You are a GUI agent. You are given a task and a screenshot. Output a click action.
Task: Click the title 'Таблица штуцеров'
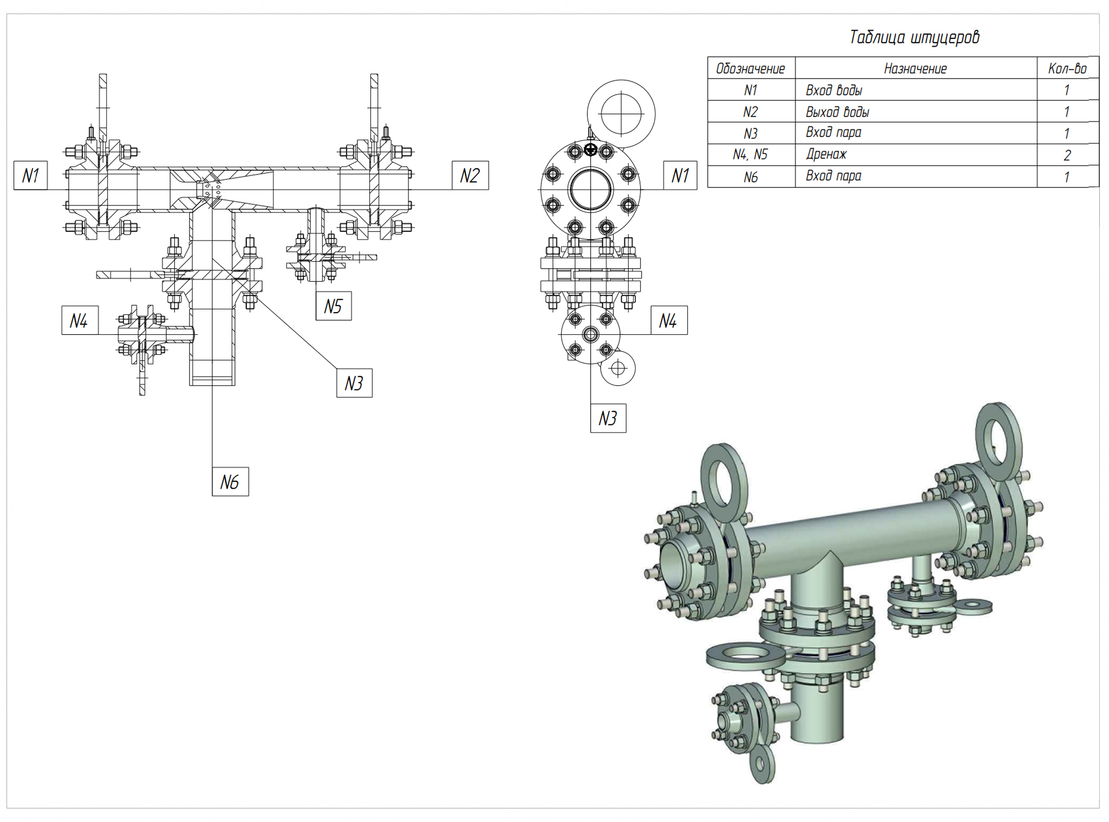914,37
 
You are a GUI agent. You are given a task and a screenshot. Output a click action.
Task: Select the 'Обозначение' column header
750,69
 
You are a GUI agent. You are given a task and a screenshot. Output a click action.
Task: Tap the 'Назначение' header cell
915,69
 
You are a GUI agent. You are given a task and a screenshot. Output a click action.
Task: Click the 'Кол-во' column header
1067,69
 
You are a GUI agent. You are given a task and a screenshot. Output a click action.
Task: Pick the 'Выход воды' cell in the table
837,112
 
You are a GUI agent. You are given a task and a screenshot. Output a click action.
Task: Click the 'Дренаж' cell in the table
826,154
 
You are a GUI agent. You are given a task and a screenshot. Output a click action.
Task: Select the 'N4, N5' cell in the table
750,154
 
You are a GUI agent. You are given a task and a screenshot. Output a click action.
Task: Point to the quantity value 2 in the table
1067,156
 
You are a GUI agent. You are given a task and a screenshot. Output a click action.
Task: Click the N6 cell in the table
750,177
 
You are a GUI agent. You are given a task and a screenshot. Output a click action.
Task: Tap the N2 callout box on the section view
470,176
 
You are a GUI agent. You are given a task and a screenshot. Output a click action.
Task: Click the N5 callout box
333,306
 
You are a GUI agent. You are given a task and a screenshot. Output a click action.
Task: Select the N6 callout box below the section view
230,482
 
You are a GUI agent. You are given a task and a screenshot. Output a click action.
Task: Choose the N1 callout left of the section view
31,176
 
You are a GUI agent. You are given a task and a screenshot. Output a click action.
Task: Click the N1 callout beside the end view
680,176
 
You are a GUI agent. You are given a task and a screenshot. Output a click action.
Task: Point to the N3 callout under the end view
608,418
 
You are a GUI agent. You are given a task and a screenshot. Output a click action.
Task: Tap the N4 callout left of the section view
79,321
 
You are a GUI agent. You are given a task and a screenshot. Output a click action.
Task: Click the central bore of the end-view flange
590,190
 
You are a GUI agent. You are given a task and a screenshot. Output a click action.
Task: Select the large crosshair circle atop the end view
621,114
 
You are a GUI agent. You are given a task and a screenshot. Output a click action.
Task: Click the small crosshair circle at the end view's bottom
618,368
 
